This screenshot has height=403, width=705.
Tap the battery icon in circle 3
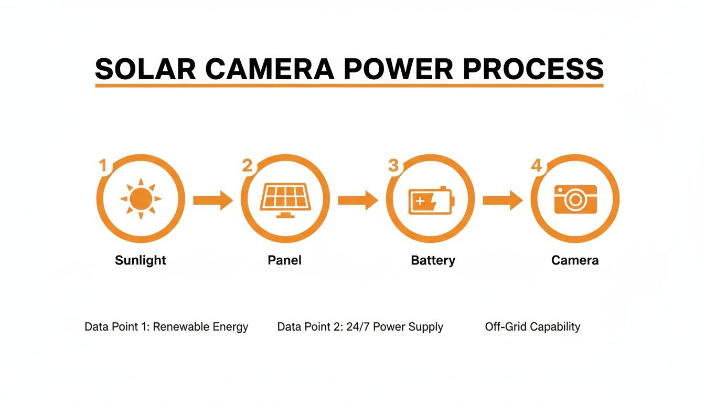click(x=431, y=200)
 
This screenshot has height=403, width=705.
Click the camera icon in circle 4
click(x=575, y=199)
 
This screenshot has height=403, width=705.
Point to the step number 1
click(x=103, y=166)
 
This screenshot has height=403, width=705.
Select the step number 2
click(x=247, y=166)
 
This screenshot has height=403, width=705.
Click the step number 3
click(x=393, y=166)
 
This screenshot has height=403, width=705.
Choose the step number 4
click(x=536, y=166)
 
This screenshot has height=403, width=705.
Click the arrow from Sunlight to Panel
click(x=212, y=200)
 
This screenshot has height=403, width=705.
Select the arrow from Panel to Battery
click(x=358, y=200)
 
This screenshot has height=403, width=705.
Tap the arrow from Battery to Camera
click(x=502, y=200)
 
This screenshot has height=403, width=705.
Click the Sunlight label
click(x=141, y=260)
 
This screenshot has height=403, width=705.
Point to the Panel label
click(x=285, y=260)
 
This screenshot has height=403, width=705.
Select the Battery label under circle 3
click(x=433, y=260)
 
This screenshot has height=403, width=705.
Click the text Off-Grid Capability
click(x=532, y=327)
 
